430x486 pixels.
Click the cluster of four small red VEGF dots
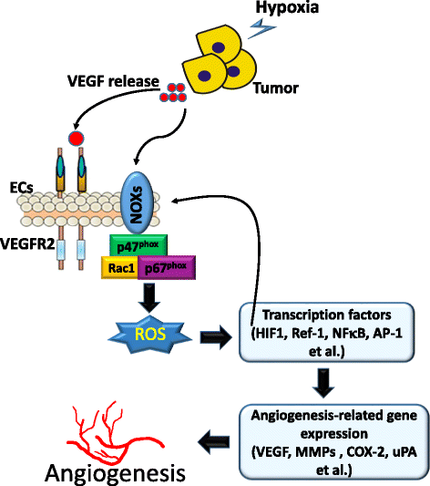pyautogui.click(x=172, y=93)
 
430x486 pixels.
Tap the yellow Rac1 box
pyautogui.click(x=118, y=266)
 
